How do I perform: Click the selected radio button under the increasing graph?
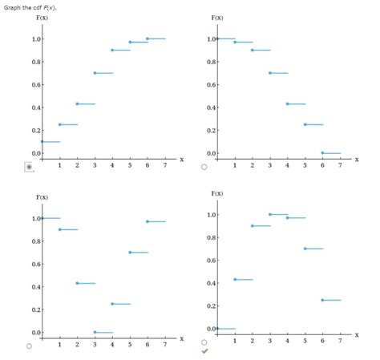click(x=30, y=167)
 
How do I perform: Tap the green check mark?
click(x=204, y=351)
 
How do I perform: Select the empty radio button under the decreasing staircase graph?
click(x=204, y=167)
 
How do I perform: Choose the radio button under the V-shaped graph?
click(x=30, y=346)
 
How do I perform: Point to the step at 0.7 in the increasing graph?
click(x=103, y=73)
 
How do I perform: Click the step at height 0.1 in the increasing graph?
click(x=51, y=141)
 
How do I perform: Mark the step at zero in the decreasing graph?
click(x=331, y=153)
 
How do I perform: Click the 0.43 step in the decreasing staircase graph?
click(x=296, y=103)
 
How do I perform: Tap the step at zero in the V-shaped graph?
click(x=103, y=332)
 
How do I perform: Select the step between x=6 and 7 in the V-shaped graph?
click(x=156, y=221)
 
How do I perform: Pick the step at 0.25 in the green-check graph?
click(x=331, y=300)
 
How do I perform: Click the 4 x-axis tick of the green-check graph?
click(x=287, y=340)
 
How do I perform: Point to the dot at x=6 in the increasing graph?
click(x=147, y=38)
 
